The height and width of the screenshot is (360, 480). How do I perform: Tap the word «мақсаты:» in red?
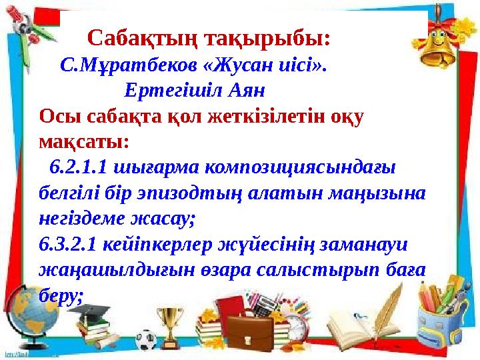tap(85, 141)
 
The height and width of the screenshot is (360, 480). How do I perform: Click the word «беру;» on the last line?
tap(61, 294)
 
